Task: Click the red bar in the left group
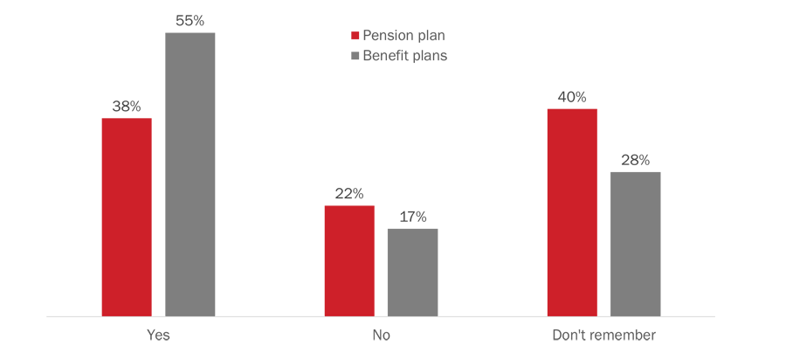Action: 129,214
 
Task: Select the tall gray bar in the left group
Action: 187,175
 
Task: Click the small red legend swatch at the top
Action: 341,37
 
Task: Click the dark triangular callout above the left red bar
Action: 131,83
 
